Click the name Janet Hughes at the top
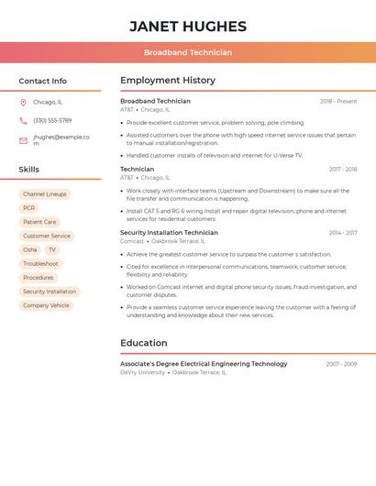(188, 27)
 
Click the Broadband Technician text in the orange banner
(188, 53)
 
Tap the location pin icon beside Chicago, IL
(23, 103)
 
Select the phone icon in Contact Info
(23, 121)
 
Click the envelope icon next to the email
(23, 140)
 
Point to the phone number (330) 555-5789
(52, 121)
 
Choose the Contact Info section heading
(42, 82)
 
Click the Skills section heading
(28, 170)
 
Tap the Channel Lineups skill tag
(45, 194)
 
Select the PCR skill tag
(29, 208)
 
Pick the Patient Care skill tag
(39, 222)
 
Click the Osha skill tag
(30, 249)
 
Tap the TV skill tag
(52, 249)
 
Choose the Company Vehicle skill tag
(46, 305)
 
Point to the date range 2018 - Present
(338, 102)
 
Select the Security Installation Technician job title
(169, 233)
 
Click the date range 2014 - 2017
(343, 233)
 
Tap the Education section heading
(144, 343)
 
